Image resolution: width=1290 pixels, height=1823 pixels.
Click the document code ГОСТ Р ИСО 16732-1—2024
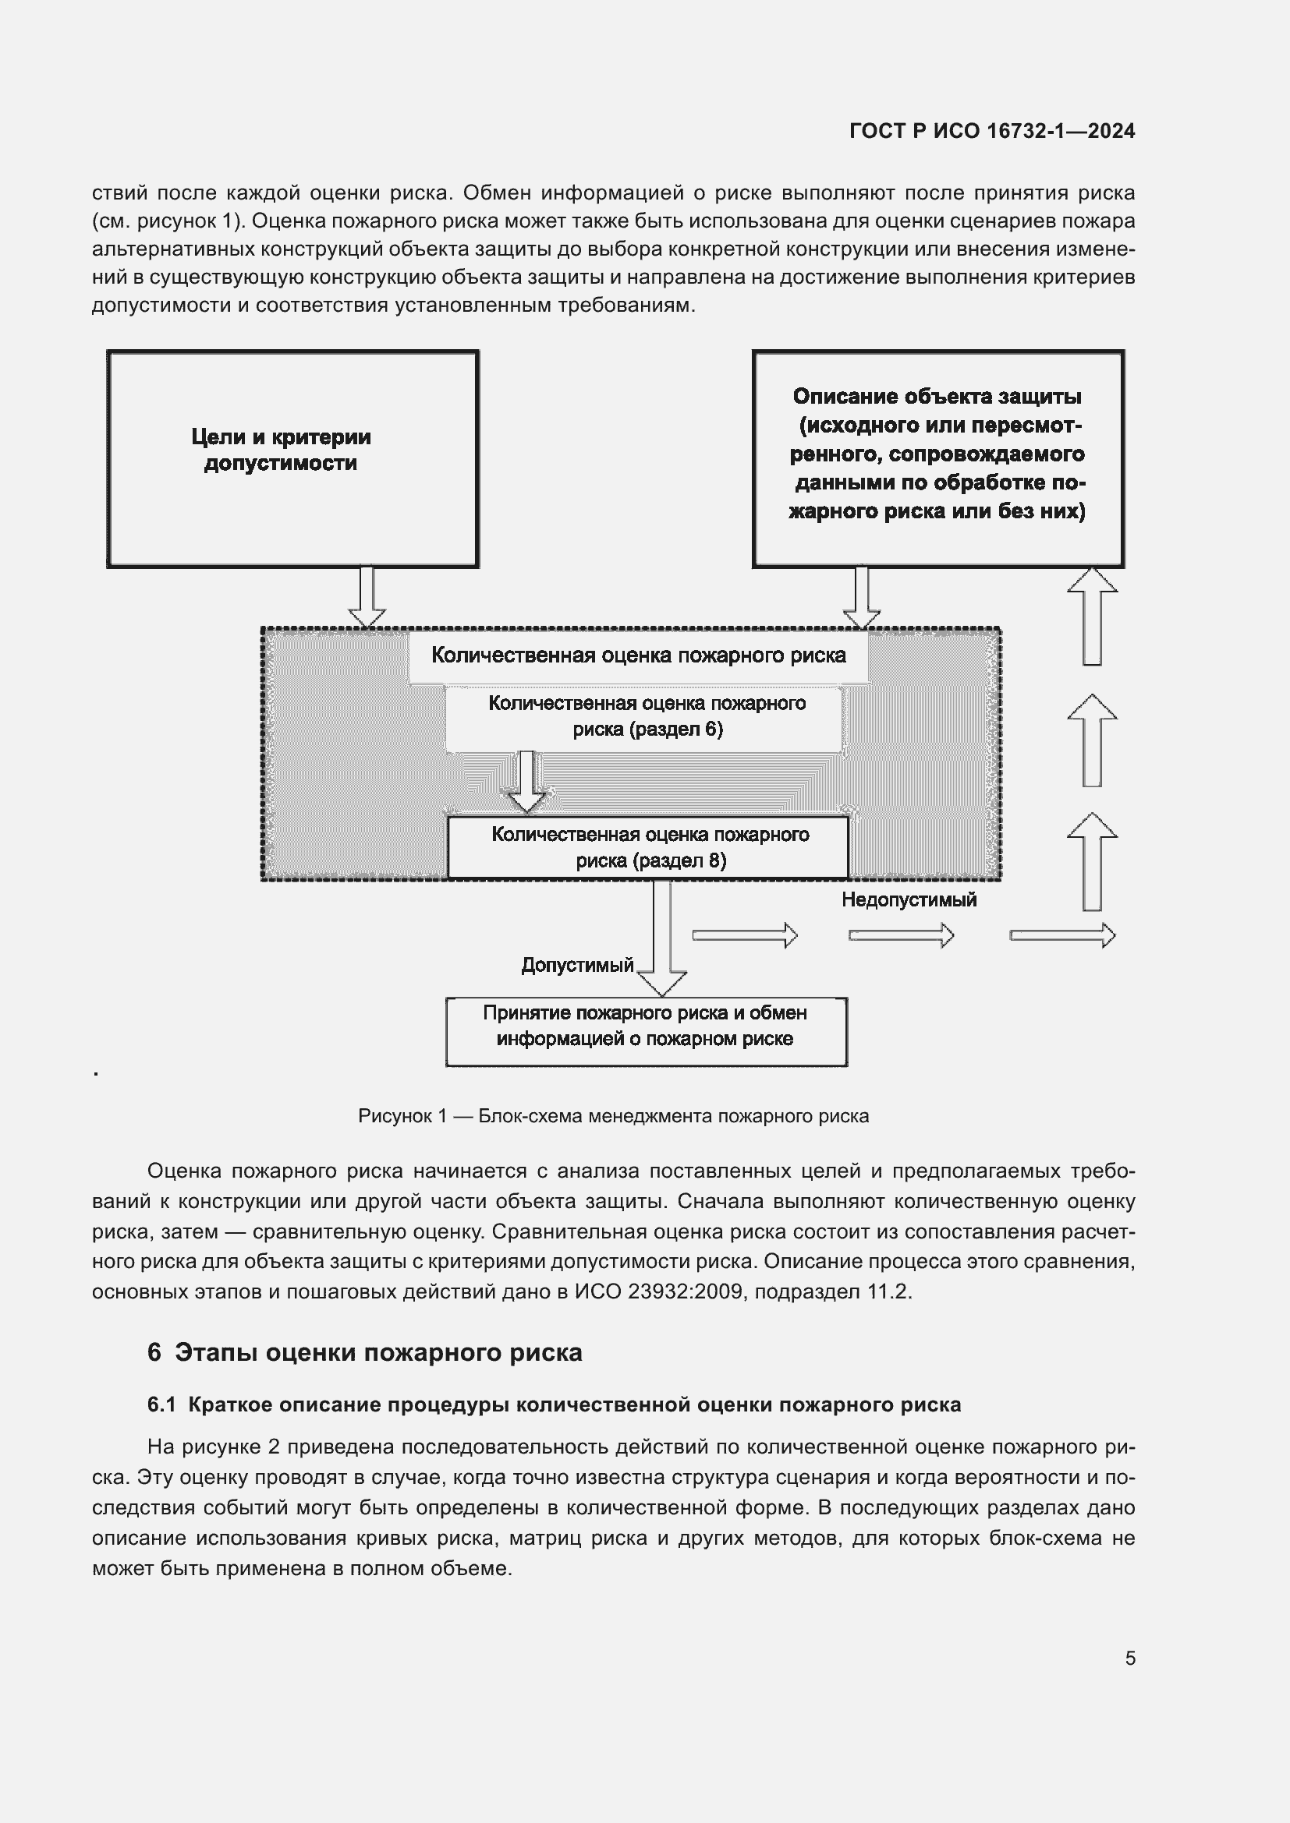(x=991, y=131)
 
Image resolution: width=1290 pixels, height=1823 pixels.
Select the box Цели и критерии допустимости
(x=292, y=459)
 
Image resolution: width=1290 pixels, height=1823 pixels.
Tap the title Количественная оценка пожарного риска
(x=638, y=655)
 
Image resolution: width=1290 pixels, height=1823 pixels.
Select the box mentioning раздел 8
(x=648, y=848)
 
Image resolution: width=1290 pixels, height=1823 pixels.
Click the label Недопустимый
(x=909, y=900)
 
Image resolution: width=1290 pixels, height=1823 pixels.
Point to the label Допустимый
(x=576, y=966)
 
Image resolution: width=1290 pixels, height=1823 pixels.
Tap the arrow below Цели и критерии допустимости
(x=367, y=596)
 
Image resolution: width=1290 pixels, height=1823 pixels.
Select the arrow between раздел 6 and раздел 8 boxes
(x=526, y=783)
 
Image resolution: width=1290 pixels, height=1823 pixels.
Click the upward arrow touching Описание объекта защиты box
(x=1092, y=616)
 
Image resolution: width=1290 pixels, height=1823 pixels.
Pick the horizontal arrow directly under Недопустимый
(x=901, y=935)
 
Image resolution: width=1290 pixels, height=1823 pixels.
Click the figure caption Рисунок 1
(x=613, y=1116)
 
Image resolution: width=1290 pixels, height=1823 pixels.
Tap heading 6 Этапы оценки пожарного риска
(x=364, y=1351)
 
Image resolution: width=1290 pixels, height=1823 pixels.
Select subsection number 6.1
(x=161, y=1404)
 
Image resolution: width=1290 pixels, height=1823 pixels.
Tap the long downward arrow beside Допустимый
(x=661, y=937)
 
